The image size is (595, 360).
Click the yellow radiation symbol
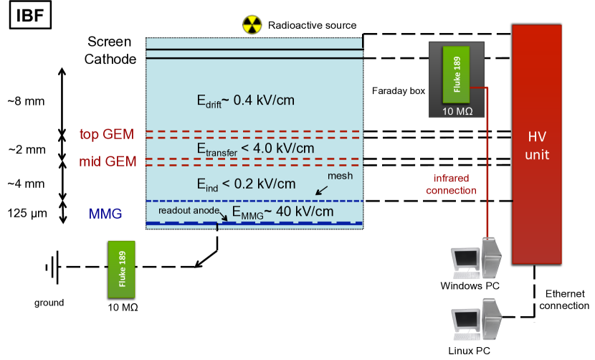click(x=252, y=25)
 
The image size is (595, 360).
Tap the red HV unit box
click(x=536, y=143)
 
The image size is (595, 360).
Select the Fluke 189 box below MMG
click(x=121, y=269)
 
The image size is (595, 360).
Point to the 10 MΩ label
click(x=457, y=111)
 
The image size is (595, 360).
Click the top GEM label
click(x=108, y=134)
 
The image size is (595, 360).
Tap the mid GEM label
click(x=108, y=161)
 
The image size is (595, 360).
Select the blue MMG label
click(x=105, y=214)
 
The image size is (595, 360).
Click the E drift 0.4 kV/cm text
click(x=246, y=101)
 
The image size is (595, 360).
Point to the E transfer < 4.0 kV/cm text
click(x=255, y=148)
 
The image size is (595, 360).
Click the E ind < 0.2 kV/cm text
click(x=246, y=184)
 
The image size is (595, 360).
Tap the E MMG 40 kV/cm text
click(x=282, y=212)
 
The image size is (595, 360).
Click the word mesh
click(x=340, y=176)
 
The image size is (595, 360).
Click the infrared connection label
click(x=451, y=184)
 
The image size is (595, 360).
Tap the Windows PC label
click(x=475, y=287)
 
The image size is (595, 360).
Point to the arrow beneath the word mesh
click(x=321, y=190)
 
